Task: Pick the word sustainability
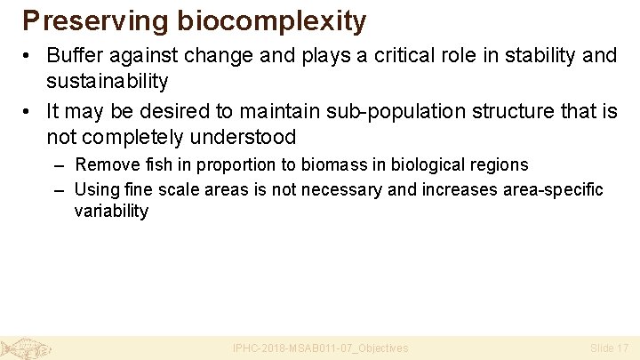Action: (108, 82)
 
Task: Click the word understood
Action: (241, 139)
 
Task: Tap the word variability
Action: (111, 212)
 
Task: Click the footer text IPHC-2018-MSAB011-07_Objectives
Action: (320, 348)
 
